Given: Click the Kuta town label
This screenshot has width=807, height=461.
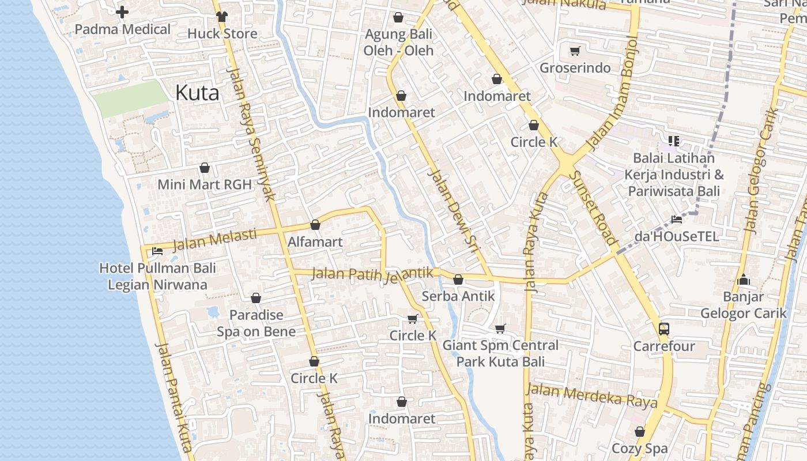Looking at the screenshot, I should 197,93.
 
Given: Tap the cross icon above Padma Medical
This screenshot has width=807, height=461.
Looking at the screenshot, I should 122,12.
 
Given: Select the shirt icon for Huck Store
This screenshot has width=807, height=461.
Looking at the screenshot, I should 222,16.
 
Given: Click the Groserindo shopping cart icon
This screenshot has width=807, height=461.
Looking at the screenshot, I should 575,51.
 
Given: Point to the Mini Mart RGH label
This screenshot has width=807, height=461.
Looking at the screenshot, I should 205,185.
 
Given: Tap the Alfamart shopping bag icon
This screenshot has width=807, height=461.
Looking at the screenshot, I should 315,225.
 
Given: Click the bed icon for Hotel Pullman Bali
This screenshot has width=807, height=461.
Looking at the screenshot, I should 157,251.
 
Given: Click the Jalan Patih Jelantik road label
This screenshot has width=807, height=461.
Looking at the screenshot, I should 372,274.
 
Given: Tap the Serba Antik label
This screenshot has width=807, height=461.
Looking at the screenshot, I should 458,296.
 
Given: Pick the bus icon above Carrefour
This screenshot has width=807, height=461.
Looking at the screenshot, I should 664,329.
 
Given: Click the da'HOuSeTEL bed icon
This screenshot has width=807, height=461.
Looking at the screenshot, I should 677,219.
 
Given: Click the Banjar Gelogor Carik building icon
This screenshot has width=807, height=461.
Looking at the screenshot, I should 744,280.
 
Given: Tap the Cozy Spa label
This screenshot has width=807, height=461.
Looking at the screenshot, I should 639,448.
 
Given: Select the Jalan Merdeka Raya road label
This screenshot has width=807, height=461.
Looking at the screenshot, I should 591,396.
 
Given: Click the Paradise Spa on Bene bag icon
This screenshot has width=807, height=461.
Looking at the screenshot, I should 256,298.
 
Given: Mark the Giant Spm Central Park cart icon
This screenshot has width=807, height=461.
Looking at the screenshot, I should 500,328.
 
